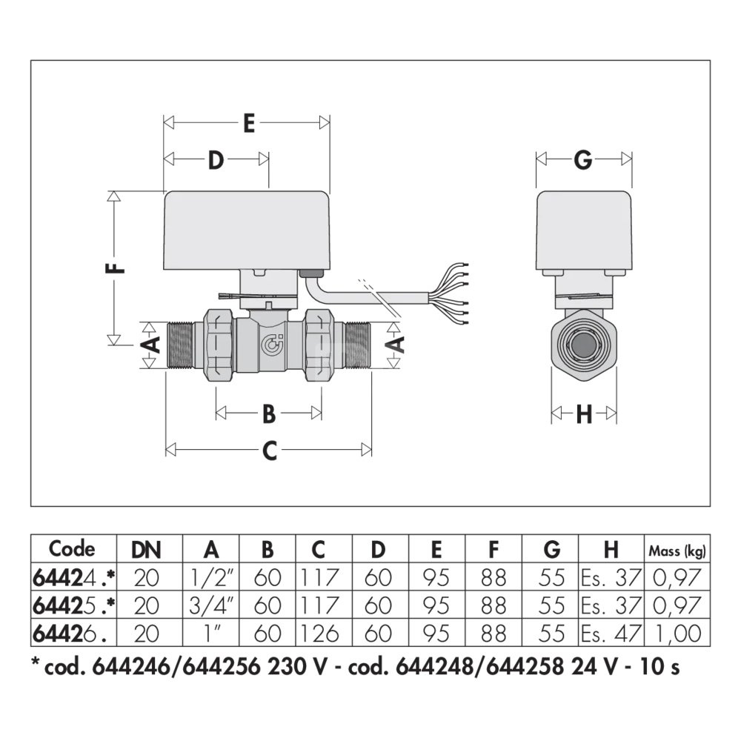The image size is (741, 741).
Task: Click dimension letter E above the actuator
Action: (248, 123)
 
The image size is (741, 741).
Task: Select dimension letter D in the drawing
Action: (216, 160)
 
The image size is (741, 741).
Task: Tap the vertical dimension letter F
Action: (116, 268)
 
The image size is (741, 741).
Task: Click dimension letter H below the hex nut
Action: (584, 414)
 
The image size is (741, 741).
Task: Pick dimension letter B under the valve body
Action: (269, 413)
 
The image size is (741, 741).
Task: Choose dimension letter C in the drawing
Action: (270, 451)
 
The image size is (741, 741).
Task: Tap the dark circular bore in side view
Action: (584, 345)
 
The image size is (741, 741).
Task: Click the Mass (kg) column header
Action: (677, 551)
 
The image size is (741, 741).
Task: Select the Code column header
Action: (72, 548)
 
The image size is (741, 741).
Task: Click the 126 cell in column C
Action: (319, 634)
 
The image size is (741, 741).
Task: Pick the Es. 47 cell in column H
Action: (611, 634)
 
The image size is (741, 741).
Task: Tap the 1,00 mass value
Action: (677, 634)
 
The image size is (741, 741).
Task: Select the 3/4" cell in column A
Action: (210, 605)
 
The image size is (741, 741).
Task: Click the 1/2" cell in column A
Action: (210, 577)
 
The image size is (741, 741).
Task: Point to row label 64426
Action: (67, 634)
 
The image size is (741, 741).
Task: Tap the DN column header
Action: (146, 550)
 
